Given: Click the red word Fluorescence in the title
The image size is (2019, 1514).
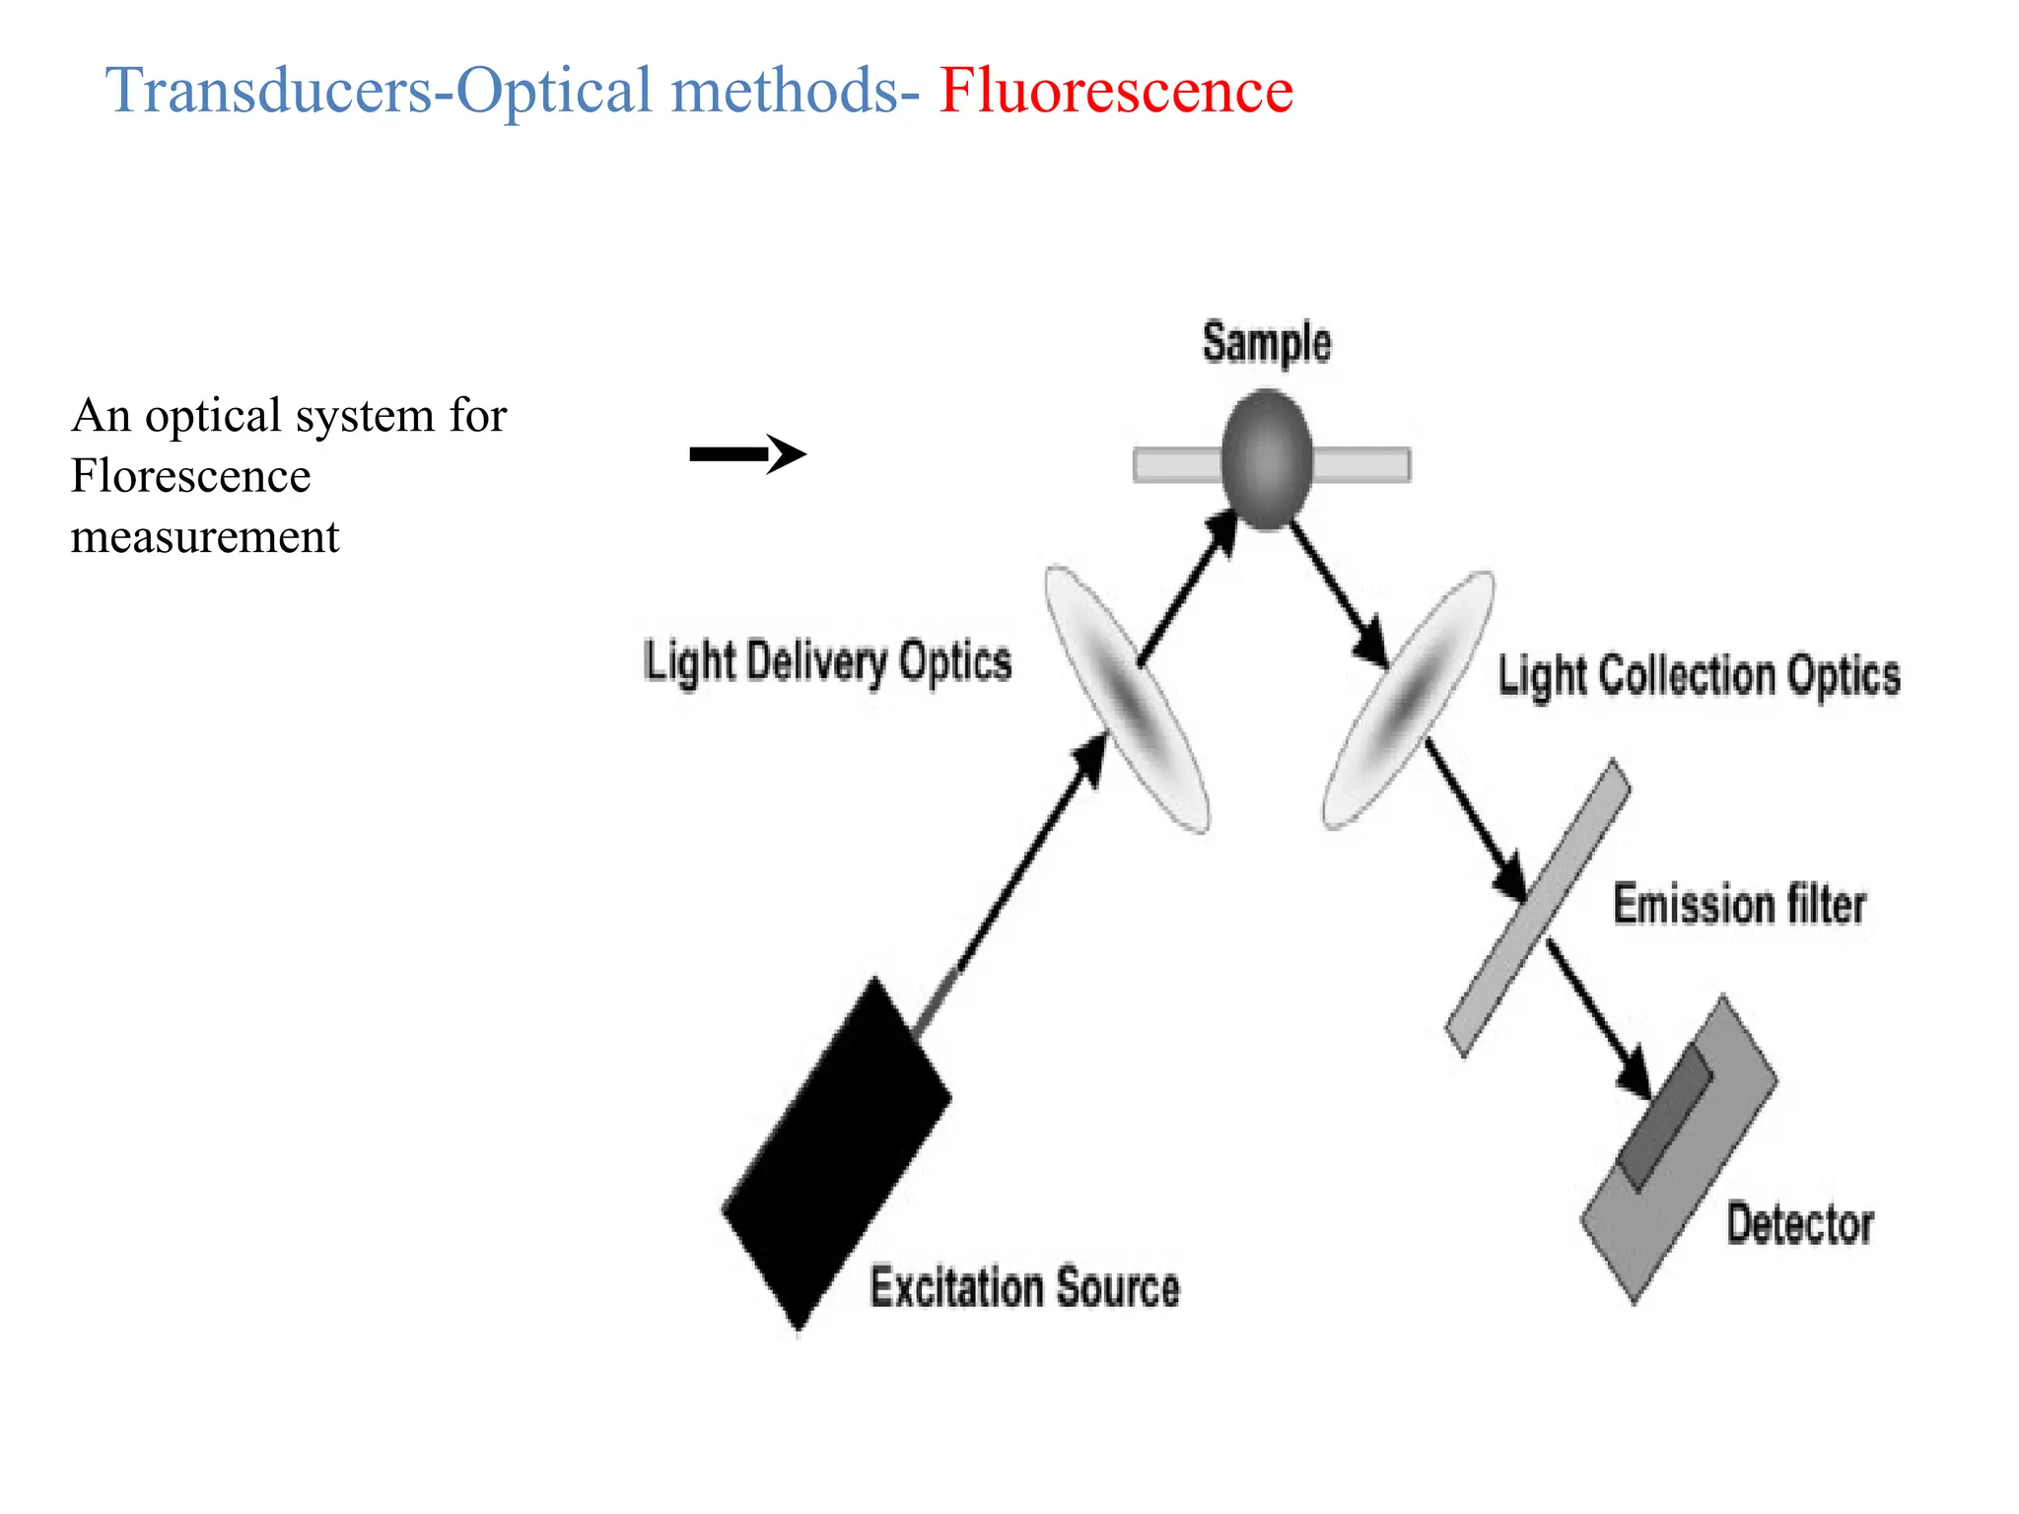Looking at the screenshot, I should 1115,91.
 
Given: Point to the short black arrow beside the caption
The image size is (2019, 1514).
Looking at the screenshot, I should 746,454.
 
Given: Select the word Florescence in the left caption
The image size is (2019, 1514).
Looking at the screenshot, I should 190,476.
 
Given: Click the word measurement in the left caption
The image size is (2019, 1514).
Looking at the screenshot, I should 205,537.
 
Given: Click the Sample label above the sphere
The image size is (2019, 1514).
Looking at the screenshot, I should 1266,344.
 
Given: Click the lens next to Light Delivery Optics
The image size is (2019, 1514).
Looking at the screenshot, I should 1126,700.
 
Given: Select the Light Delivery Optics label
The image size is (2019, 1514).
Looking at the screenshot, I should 827,661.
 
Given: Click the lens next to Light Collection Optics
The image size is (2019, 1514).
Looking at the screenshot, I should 1407,700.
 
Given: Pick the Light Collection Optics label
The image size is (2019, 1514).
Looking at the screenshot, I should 1699,677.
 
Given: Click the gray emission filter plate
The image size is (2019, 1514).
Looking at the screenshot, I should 1538,908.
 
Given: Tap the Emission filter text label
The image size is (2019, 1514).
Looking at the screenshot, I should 1739,905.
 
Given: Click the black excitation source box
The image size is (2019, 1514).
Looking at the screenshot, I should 836,1153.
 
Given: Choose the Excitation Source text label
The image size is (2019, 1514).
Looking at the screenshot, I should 1024,1287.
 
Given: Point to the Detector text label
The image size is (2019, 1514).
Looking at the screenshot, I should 1799,1224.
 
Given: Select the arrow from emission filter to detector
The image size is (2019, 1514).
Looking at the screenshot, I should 1598,1019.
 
